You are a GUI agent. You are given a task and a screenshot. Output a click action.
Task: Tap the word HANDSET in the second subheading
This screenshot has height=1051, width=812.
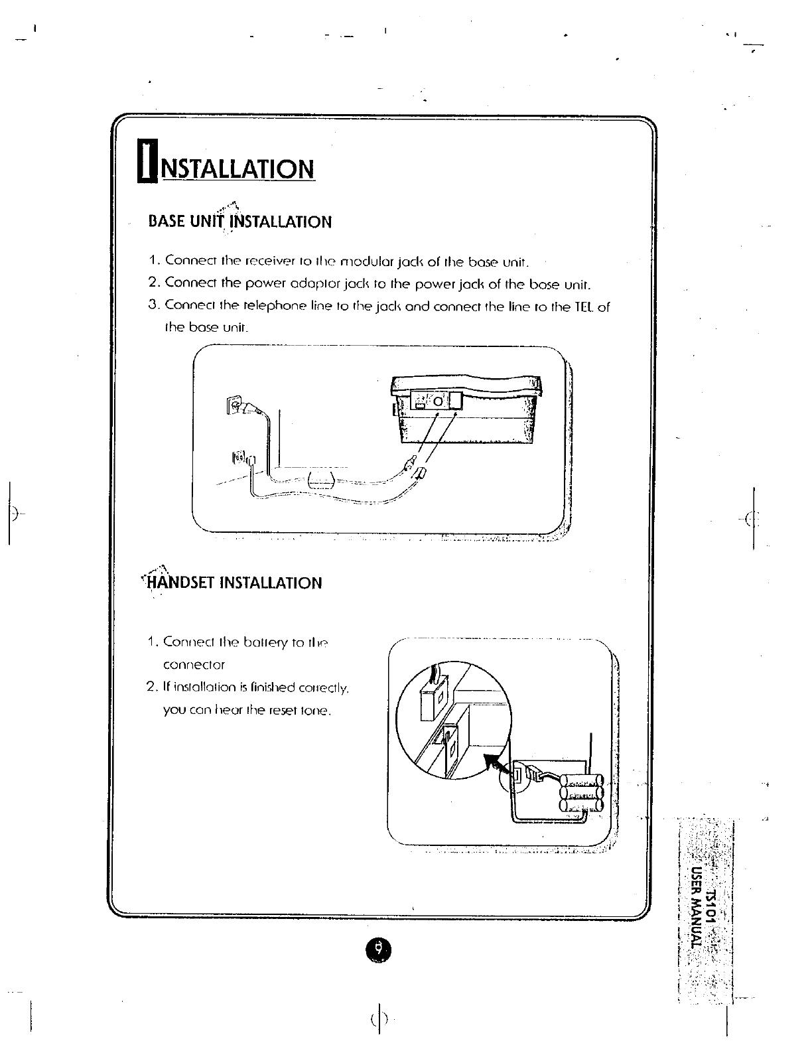click(x=178, y=583)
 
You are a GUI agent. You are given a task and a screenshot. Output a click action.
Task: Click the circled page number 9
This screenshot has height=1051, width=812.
click(x=378, y=949)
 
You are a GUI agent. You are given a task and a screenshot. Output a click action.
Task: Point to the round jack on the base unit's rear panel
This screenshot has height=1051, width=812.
click(x=438, y=401)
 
